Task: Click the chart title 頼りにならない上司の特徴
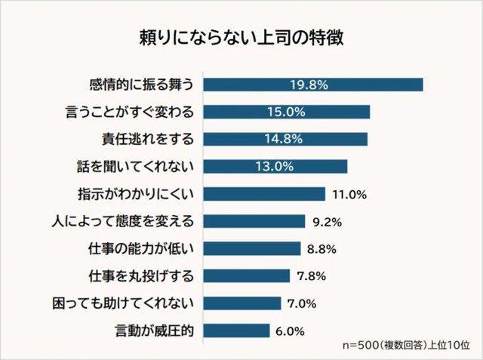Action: click(241, 38)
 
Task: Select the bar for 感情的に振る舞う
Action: click(312, 85)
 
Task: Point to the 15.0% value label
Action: click(286, 112)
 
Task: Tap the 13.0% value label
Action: click(275, 166)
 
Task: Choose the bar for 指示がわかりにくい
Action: click(263, 194)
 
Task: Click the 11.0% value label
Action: click(349, 194)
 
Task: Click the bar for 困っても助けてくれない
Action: click(241, 303)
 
